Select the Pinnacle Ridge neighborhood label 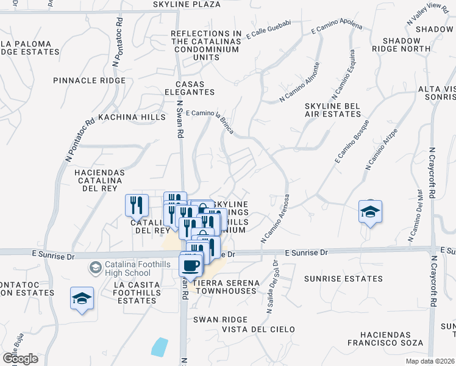coord(89,81)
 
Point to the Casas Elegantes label coord(194,88)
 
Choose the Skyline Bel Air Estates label coord(333,111)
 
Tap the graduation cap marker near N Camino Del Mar coord(369,212)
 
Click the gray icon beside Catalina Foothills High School coord(95,267)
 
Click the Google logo coord(20,358)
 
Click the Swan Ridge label coord(220,320)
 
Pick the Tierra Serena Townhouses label coord(225,287)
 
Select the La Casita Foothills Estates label coord(132,293)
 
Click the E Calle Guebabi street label coord(270,34)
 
